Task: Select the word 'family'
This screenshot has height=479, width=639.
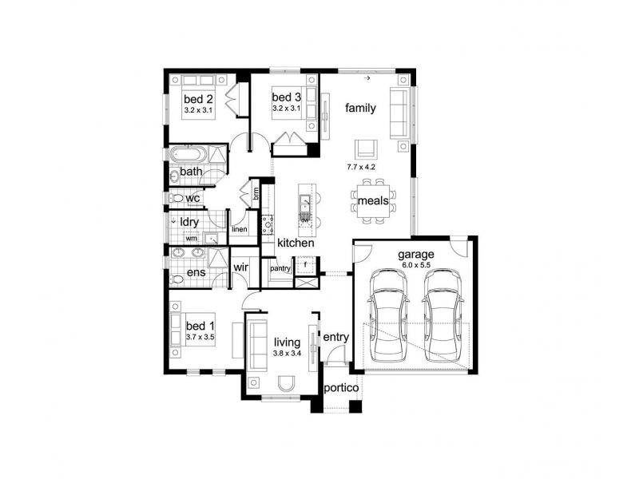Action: tap(360, 108)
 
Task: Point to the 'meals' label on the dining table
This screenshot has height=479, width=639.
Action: tap(373, 201)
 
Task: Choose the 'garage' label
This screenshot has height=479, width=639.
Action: tap(417, 255)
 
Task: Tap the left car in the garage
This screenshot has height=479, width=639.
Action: tap(387, 313)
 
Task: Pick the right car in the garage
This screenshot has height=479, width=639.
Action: tap(443, 313)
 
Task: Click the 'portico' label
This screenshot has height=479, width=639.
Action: tap(340, 389)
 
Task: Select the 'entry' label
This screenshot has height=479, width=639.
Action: tap(336, 338)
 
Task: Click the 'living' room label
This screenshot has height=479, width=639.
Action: tap(286, 342)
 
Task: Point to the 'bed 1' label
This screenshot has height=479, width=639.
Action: tap(200, 326)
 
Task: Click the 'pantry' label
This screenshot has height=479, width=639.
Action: tap(280, 269)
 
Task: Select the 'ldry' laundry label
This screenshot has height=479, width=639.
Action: tap(189, 221)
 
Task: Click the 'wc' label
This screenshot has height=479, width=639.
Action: tap(192, 198)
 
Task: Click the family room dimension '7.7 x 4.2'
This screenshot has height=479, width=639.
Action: tap(361, 168)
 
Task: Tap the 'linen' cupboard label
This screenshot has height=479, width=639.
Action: tap(240, 230)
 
